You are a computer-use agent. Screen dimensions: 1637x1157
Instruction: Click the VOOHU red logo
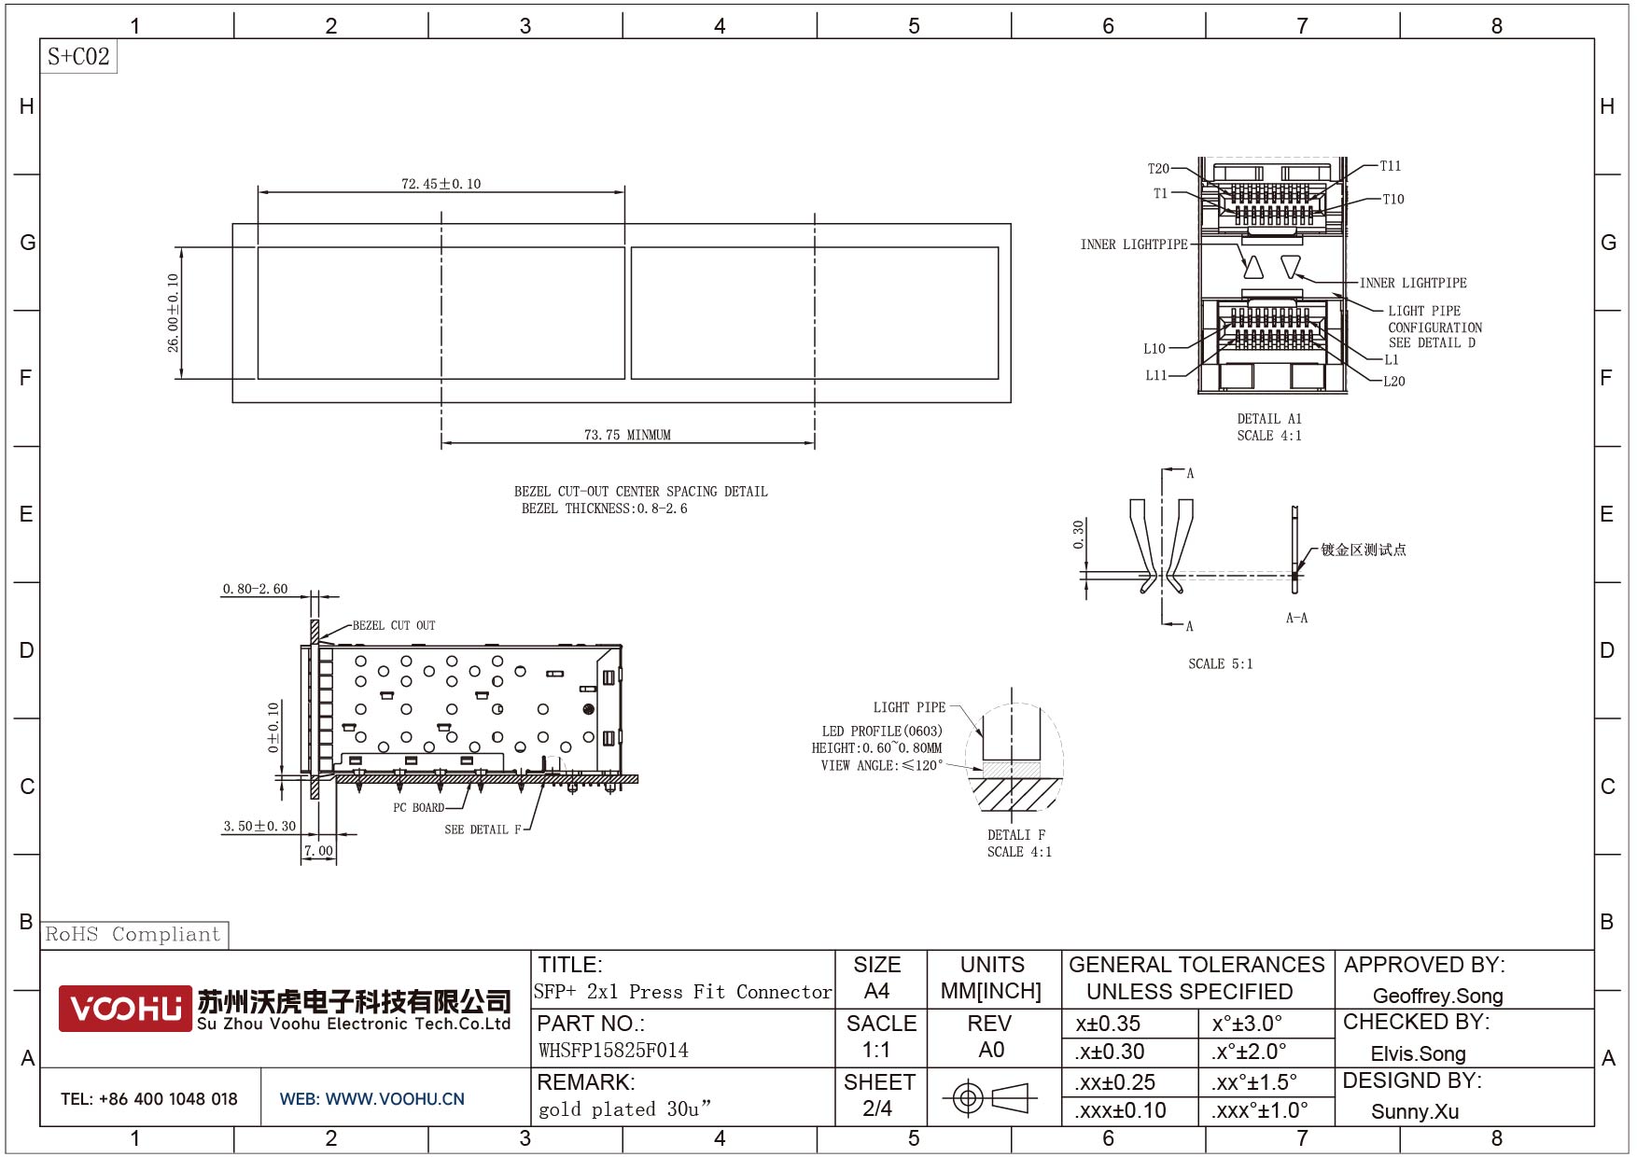pos(125,1009)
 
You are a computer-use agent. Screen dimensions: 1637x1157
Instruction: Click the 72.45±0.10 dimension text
pos(441,184)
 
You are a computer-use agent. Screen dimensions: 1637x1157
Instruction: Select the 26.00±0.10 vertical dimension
pos(173,313)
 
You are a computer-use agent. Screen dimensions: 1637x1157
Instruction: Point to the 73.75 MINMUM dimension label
pos(627,435)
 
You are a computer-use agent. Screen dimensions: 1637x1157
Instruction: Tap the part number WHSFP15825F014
pos(613,1051)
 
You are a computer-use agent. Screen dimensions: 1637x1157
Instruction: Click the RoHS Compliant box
pos(134,934)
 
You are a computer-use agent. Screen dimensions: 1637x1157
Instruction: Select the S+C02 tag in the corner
pos(78,56)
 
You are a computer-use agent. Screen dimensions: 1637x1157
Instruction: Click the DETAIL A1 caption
pos(1269,419)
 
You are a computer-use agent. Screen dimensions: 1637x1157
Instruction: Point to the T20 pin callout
pos(1158,169)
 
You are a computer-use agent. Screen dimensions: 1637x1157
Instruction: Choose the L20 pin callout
pos(1394,381)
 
